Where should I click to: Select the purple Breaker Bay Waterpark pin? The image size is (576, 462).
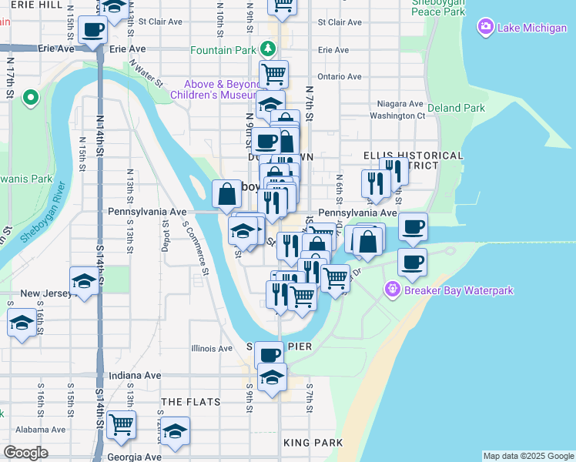tap(393, 290)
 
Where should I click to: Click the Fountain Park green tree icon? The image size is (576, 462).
tap(267, 49)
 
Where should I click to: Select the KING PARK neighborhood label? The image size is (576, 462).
tap(313, 443)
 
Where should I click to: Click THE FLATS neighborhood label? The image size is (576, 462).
tap(190, 402)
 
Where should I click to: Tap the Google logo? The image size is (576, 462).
tap(25, 453)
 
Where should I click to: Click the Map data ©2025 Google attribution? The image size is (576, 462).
tap(527, 456)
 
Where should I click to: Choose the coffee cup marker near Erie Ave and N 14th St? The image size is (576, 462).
tap(93, 31)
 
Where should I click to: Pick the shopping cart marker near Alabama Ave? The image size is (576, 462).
tap(122, 424)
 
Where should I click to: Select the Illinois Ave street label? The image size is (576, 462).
tap(212, 348)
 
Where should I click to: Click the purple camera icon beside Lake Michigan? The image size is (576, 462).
tap(485, 28)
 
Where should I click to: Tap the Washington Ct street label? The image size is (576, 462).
tap(397, 116)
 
